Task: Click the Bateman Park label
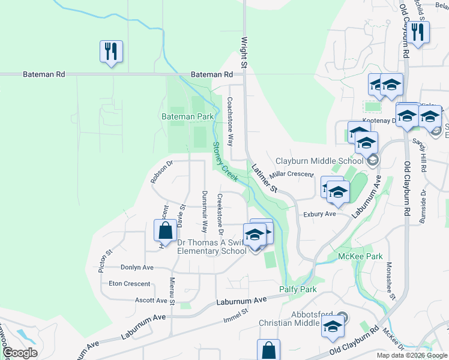coord(187,116)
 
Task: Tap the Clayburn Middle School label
coord(319,161)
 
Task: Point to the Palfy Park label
coord(298,289)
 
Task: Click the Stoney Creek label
coord(225,161)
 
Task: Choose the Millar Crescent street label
coord(292,174)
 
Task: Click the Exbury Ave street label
coord(319,214)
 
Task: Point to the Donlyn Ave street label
coord(137,268)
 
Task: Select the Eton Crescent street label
coord(129,283)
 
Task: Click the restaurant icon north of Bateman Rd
coord(112,52)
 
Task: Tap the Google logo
coord(20,353)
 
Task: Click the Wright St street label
coord(244,52)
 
